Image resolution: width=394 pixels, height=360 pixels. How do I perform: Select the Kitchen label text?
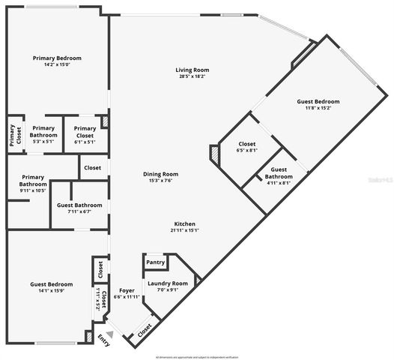click(x=186, y=223)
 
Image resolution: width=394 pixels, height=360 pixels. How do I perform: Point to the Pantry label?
click(x=155, y=262)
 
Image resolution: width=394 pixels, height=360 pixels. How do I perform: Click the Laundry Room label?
click(x=168, y=283)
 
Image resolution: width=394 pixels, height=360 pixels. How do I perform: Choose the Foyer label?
click(x=127, y=290)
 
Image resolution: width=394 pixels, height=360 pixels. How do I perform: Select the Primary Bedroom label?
click(x=57, y=58)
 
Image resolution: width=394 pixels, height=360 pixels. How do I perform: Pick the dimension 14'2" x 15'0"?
click(x=57, y=65)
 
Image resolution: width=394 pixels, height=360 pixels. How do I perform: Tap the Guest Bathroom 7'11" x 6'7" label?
click(x=79, y=208)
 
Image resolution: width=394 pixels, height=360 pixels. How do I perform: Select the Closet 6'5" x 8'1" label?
click(x=247, y=147)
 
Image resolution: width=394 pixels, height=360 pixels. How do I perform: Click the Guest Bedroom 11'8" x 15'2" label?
click(x=318, y=104)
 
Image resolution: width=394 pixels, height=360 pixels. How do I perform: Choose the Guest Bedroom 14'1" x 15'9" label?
click(x=51, y=287)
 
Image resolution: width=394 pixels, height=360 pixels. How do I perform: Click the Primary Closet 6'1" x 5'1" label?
click(x=84, y=136)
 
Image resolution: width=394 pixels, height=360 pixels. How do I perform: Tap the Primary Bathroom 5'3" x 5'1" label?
click(x=43, y=136)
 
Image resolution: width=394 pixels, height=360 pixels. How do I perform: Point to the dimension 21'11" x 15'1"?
click(x=186, y=231)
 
